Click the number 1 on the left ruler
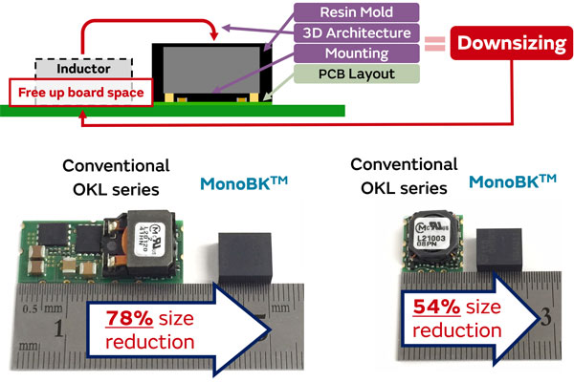60,331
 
